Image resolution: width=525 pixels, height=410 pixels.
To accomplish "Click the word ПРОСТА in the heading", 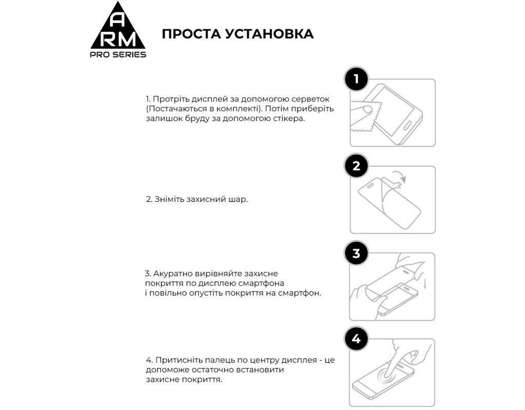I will point(190,34).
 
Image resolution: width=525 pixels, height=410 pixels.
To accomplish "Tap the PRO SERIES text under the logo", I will point(118,55).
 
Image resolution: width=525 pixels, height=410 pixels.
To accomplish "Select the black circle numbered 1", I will point(356,79).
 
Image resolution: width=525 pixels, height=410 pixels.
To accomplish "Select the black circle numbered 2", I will point(356,166).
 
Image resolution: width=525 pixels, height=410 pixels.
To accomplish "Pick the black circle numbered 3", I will point(356,253).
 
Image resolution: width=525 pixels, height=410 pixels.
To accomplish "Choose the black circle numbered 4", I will point(356,339).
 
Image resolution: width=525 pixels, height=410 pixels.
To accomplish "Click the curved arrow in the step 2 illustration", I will point(399,177).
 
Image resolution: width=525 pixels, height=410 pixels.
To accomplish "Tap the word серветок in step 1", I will point(312,98).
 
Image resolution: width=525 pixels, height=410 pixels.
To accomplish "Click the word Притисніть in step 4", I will point(177,360).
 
